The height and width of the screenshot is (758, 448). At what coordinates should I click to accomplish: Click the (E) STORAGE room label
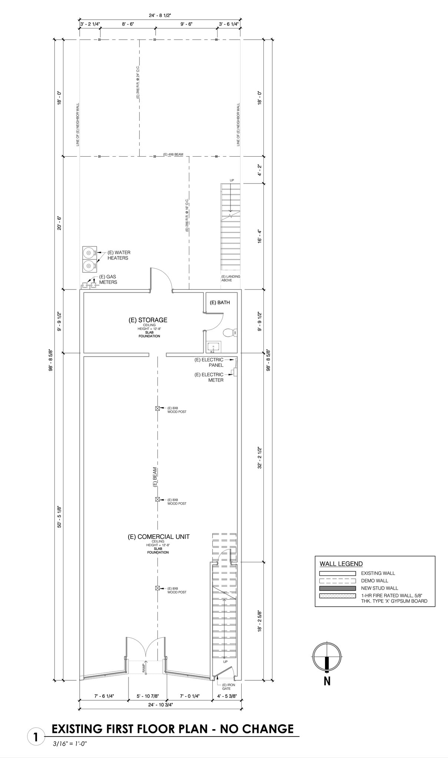(x=148, y=320)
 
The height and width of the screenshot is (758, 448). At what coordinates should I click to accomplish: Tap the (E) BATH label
(x=220, y=302)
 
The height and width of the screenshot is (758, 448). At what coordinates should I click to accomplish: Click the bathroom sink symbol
(x=213, y=347)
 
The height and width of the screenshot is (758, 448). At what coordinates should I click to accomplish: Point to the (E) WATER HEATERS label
(x=119, y=255)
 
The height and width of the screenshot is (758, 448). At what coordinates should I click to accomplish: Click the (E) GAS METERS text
(x=108, y=279)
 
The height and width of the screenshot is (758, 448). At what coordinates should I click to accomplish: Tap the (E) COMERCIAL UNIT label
(x=159, y=536)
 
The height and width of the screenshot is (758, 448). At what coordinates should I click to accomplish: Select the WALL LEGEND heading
(x=341, y=564)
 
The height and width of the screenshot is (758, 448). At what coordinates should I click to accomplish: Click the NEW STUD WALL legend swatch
(x=337, y=588)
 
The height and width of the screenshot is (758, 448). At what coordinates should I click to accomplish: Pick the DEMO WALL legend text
(x=374, y=581)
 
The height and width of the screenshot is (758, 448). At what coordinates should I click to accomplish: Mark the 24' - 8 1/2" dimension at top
(x=160, y=15)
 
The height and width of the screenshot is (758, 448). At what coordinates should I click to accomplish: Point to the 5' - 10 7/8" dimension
(x=147, y=696)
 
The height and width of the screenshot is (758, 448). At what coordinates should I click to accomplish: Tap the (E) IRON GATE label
(x=226, y=687)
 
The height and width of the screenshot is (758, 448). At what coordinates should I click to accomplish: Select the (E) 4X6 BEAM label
(x=173, y=154)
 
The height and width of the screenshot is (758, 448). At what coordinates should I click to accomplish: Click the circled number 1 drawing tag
(x=36, y=737)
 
